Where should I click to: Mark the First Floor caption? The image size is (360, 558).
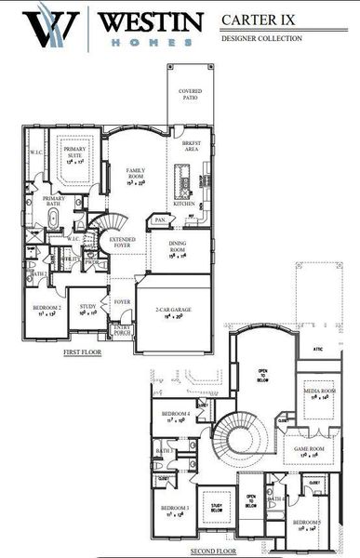click(x=83, y=354)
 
